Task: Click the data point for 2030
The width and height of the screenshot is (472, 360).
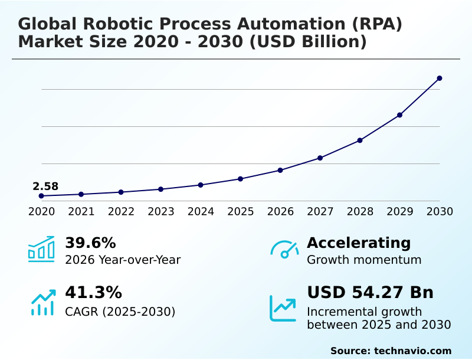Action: [x=440, y=78]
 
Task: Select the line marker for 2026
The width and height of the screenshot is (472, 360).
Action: [x=280, y=170]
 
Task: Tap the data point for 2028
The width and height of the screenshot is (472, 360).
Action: [x=360, y=140]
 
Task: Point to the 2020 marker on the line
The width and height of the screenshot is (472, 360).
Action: [x=41, y=196]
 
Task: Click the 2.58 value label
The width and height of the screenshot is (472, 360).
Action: [x=45, y=186]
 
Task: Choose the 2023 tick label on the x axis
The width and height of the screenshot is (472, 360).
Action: [x=161, y=211]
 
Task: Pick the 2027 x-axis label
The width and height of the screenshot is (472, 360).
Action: [x=320, y=211]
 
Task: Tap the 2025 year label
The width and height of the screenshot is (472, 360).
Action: [x=241, y=211]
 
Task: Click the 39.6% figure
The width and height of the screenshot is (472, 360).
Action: [x=90, y=243]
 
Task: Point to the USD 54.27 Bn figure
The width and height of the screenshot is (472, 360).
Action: [x=370, y=292]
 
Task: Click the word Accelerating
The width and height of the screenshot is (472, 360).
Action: [x=359, y=243]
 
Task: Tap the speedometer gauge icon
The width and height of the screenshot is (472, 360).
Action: [x=284, y=250]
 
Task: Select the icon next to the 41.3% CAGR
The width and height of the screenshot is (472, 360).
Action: [x=42, y=302]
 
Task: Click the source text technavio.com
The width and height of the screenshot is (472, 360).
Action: [x=412, y=351]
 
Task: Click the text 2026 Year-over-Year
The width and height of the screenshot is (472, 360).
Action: [x=123, y=260]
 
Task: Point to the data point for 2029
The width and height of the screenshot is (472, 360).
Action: [x=400, y=114]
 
